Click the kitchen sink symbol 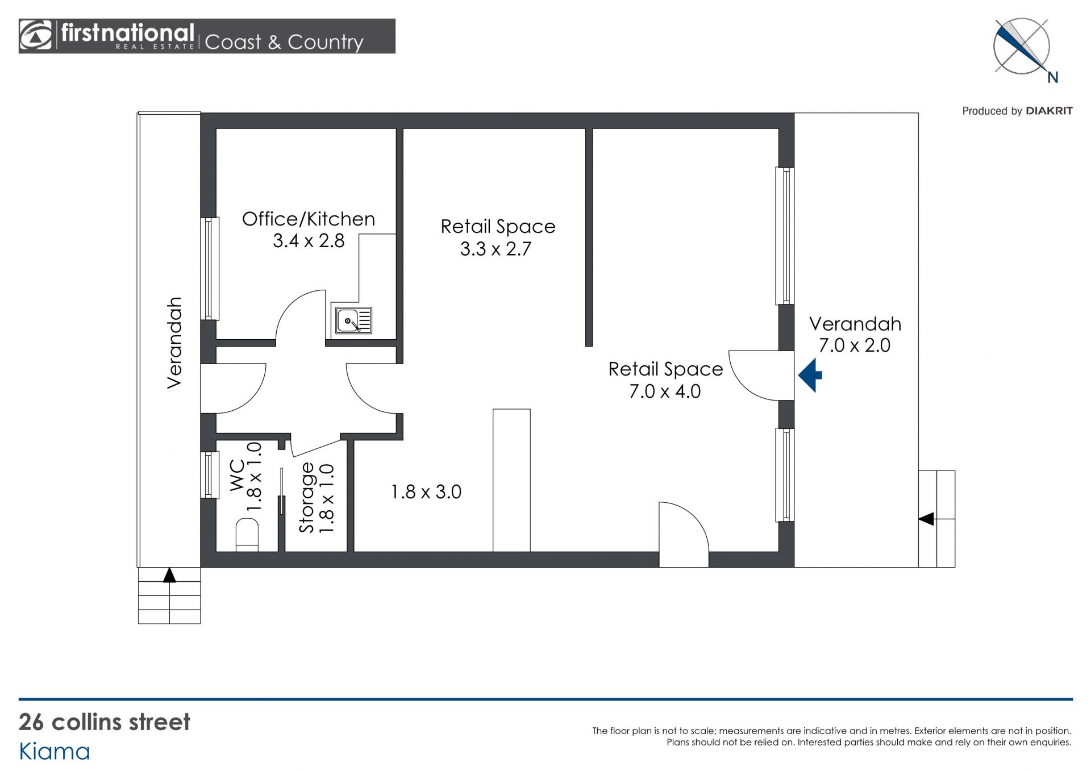(353, 320)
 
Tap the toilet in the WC (247, 534)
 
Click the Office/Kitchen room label (309, 219)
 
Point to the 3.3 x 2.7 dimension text (495, 249)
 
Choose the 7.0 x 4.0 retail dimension (665, 391)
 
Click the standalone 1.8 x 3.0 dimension (426, 492)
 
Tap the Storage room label (307, 498)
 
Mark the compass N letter (1053, 78)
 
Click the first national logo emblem (36, 36)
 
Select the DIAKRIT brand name (1049, 111)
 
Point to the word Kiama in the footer (55, 752)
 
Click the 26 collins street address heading (105, 722)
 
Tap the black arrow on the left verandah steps (169, 575)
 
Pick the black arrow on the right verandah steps (926, 519)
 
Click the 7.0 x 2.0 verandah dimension (854, 345)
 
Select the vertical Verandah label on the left (174, 343)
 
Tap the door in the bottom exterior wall (684, 535)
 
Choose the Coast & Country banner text (284, 42)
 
